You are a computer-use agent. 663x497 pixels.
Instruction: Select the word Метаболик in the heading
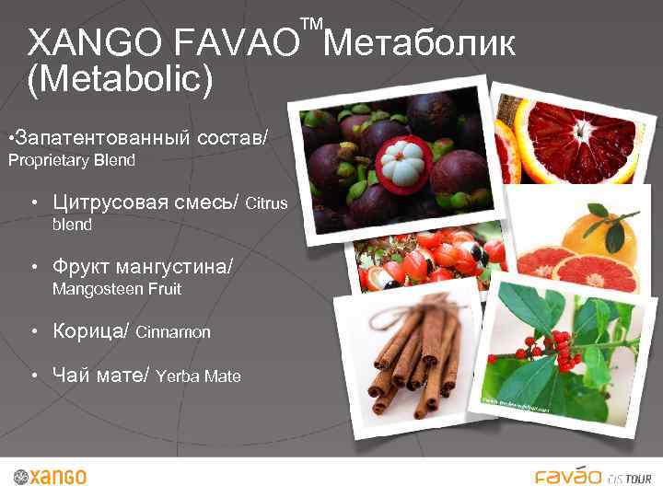419,42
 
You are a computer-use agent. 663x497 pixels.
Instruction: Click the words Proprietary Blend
72,160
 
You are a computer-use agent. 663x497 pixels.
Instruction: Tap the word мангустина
174,267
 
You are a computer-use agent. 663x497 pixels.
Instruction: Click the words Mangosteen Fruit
117,289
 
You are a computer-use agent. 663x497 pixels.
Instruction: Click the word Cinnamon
173,332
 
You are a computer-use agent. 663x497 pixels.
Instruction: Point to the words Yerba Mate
199,376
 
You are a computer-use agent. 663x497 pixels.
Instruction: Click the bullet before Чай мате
33,376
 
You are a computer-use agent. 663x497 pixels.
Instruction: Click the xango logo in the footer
51,477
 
